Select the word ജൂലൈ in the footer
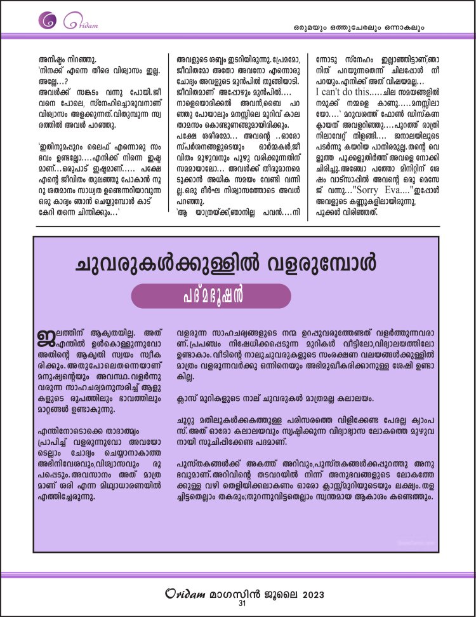pos(275,594)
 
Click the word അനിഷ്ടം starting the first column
pos(54,60)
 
